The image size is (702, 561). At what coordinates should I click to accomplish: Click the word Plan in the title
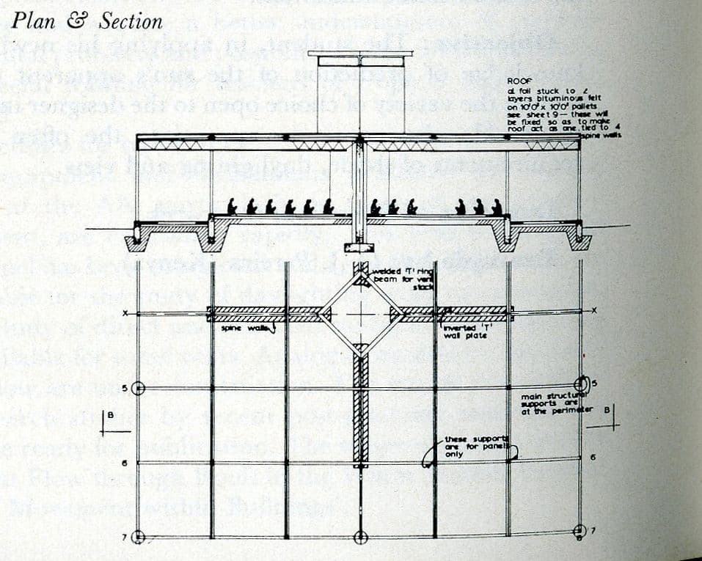point(34,21)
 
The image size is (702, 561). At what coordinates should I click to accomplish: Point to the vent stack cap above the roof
point(359,54)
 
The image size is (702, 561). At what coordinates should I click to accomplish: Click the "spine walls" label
point(242,327)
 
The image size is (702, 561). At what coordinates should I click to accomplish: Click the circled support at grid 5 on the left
point(137,388)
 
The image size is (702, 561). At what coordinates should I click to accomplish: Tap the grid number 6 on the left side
point(125,463)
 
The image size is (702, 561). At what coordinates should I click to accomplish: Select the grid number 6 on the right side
point(592,457)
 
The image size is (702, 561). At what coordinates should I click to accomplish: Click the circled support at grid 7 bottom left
point(137,538)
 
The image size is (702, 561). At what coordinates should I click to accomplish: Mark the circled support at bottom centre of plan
point(360,538)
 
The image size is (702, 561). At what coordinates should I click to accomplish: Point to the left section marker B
point(109,417)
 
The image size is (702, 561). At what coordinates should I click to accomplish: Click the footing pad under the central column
point(359,248)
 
